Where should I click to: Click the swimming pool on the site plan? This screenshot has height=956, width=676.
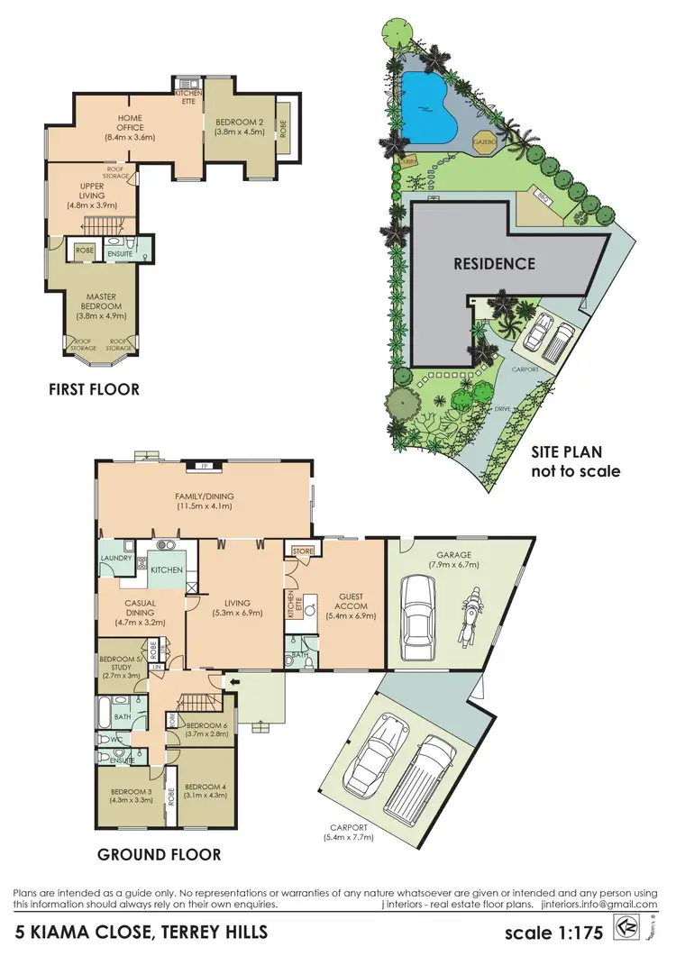tap(429, 100)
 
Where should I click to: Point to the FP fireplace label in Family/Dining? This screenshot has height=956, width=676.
tap(204, 467)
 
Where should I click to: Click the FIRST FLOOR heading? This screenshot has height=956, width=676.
tap(95, 389)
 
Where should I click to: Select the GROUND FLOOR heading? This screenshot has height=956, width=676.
tap(159, 855)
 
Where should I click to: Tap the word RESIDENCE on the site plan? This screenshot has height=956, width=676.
tap(494, 264)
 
